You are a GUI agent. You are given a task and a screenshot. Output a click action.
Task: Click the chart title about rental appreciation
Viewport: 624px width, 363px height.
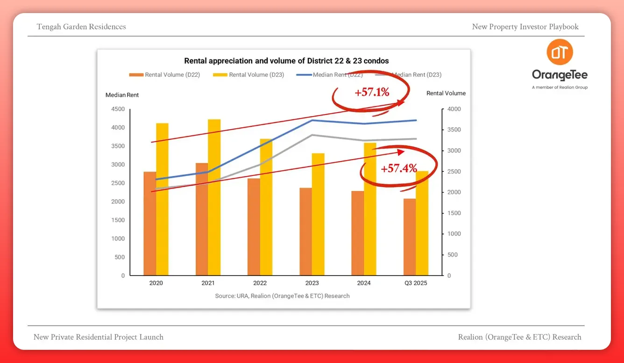coord(286,61)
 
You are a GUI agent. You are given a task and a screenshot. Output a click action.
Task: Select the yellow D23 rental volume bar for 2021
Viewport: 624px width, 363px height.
coord(214,196)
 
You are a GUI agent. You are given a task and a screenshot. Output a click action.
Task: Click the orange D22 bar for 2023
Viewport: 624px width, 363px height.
coord(305,231)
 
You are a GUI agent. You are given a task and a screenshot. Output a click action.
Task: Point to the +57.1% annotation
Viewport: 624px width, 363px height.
coord(371,92)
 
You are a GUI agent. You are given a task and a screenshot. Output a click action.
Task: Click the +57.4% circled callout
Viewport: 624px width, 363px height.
coord(398,168)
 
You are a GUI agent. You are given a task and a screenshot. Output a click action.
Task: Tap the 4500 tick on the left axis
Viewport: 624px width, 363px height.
coord(117,109)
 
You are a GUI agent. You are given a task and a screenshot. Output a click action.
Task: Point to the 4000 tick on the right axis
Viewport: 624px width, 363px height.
coord(454,109)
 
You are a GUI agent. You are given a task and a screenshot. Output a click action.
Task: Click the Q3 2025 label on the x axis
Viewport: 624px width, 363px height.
coord(415,283)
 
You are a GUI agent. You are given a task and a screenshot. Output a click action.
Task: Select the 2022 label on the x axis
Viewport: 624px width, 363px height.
coord(260,283)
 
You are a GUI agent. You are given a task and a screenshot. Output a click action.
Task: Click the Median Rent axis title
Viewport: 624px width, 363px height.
coord(122,95)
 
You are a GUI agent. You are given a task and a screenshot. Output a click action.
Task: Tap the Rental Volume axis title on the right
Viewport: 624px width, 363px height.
coord(446,93)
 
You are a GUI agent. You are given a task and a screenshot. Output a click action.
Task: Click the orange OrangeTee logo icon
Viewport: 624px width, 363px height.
coord(560,52)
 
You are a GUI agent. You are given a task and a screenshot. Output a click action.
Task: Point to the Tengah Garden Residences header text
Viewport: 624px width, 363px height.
coord(81,27)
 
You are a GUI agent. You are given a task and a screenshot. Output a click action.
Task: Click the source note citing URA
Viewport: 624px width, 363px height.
coord(282,296)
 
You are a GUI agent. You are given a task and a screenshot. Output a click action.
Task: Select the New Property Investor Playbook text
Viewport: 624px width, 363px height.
coord(525,27)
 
